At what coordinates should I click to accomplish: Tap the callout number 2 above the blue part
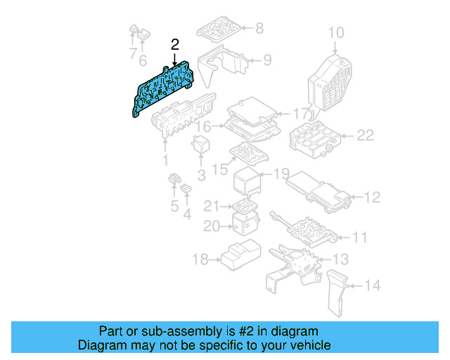click(175, 44)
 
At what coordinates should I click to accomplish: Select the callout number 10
click(336, 32)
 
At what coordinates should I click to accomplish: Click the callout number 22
click(365, 135)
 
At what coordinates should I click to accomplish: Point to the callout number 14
click(373, 286)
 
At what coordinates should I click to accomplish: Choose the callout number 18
click(200, 260)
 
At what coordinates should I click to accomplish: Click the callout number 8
click(259, 29)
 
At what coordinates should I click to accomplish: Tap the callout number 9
click(266, 60)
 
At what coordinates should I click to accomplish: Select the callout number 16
click(203, 127)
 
